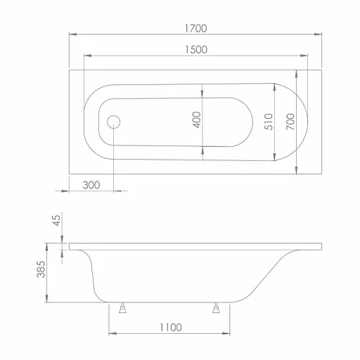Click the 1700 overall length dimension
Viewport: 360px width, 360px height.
[x=195, y=28]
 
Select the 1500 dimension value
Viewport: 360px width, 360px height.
[x=196, y=50]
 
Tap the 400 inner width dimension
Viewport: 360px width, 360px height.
[x=197, y=120]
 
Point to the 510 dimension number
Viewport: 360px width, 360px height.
[x=269, y=122]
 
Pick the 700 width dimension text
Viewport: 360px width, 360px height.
[x=290, y=122]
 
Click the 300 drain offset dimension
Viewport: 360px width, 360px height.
[x=91, y=185]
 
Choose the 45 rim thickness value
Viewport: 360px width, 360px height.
[x=56, y=220]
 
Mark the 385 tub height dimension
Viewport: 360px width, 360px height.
[x=41, y=269]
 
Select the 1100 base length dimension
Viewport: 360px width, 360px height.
[x=171, y=328]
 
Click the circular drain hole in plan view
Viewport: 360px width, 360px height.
[x=114, y=122]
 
